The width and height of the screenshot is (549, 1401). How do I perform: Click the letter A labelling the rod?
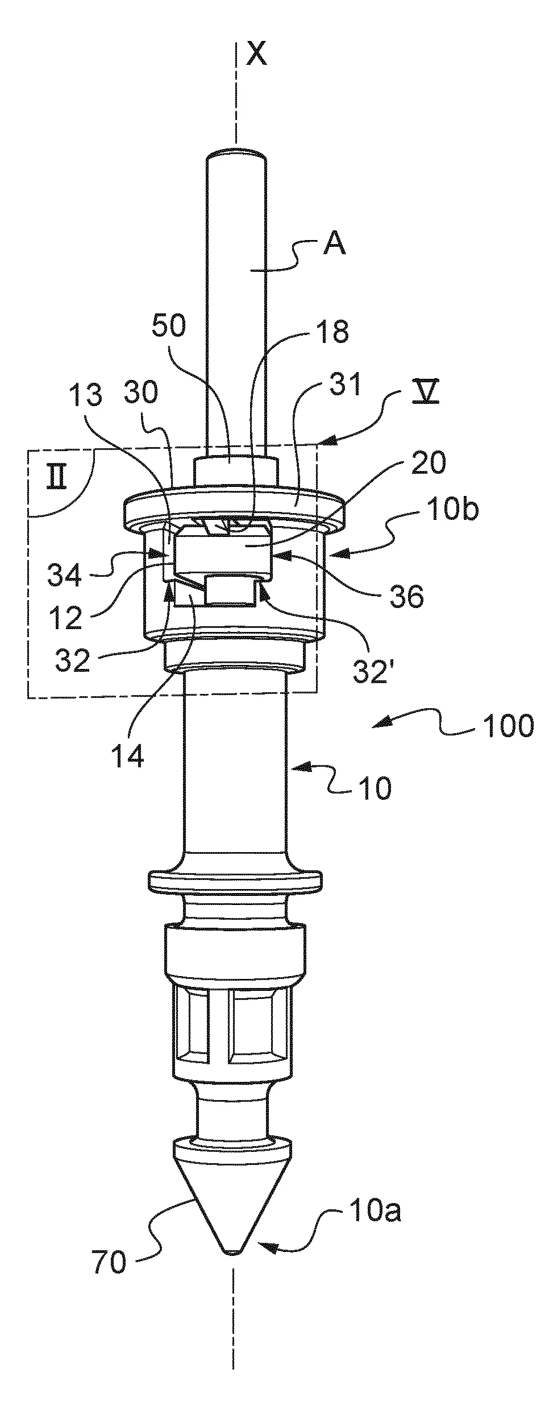[x=335, y=245]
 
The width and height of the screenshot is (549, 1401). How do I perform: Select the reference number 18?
[x=333, y=332]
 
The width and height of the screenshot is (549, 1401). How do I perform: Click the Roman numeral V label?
[x=427, y=392]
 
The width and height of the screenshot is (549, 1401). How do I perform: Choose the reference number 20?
[x=430, y=463]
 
